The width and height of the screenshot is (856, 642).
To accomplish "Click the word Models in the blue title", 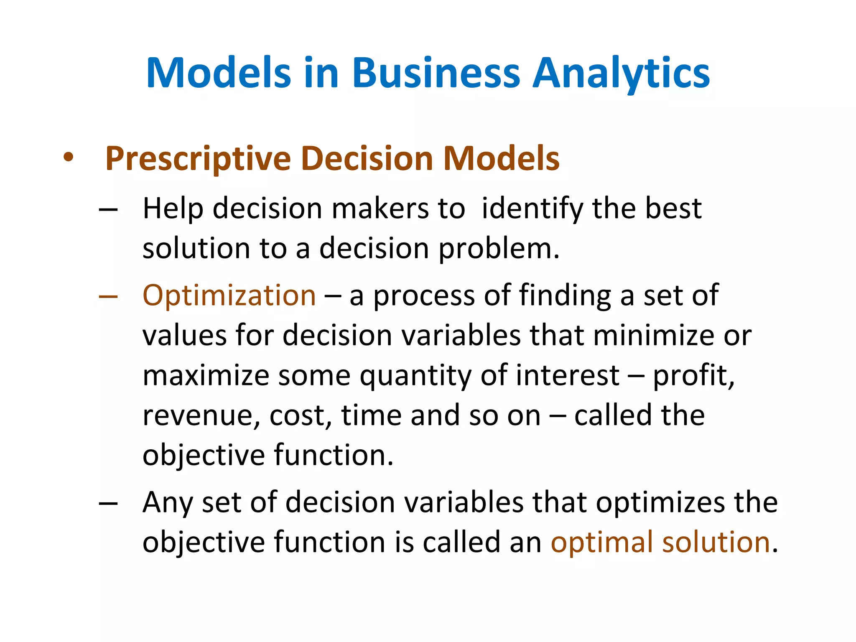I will tap(218, 73).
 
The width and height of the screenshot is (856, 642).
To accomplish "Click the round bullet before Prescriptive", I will tap(69, 158).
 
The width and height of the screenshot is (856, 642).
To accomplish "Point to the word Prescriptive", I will tap(198, 159).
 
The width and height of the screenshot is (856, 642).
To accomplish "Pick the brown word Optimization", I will tap(229, 296).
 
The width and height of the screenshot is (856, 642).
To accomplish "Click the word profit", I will tap(693, 375).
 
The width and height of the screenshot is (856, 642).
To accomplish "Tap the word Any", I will tap(168, 502).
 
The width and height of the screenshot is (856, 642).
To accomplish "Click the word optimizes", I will tap(660, 502).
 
